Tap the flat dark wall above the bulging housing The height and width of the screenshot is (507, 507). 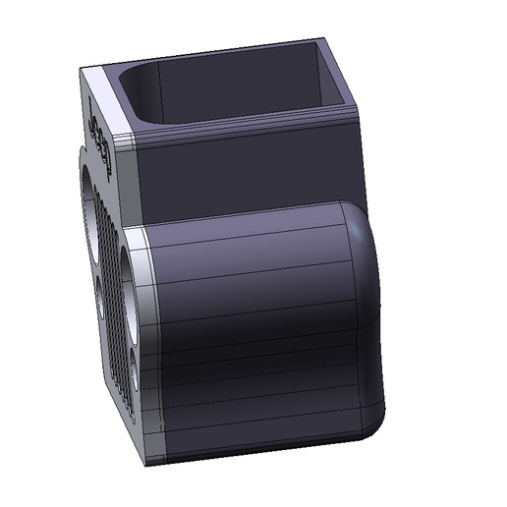tap(246, 172)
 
